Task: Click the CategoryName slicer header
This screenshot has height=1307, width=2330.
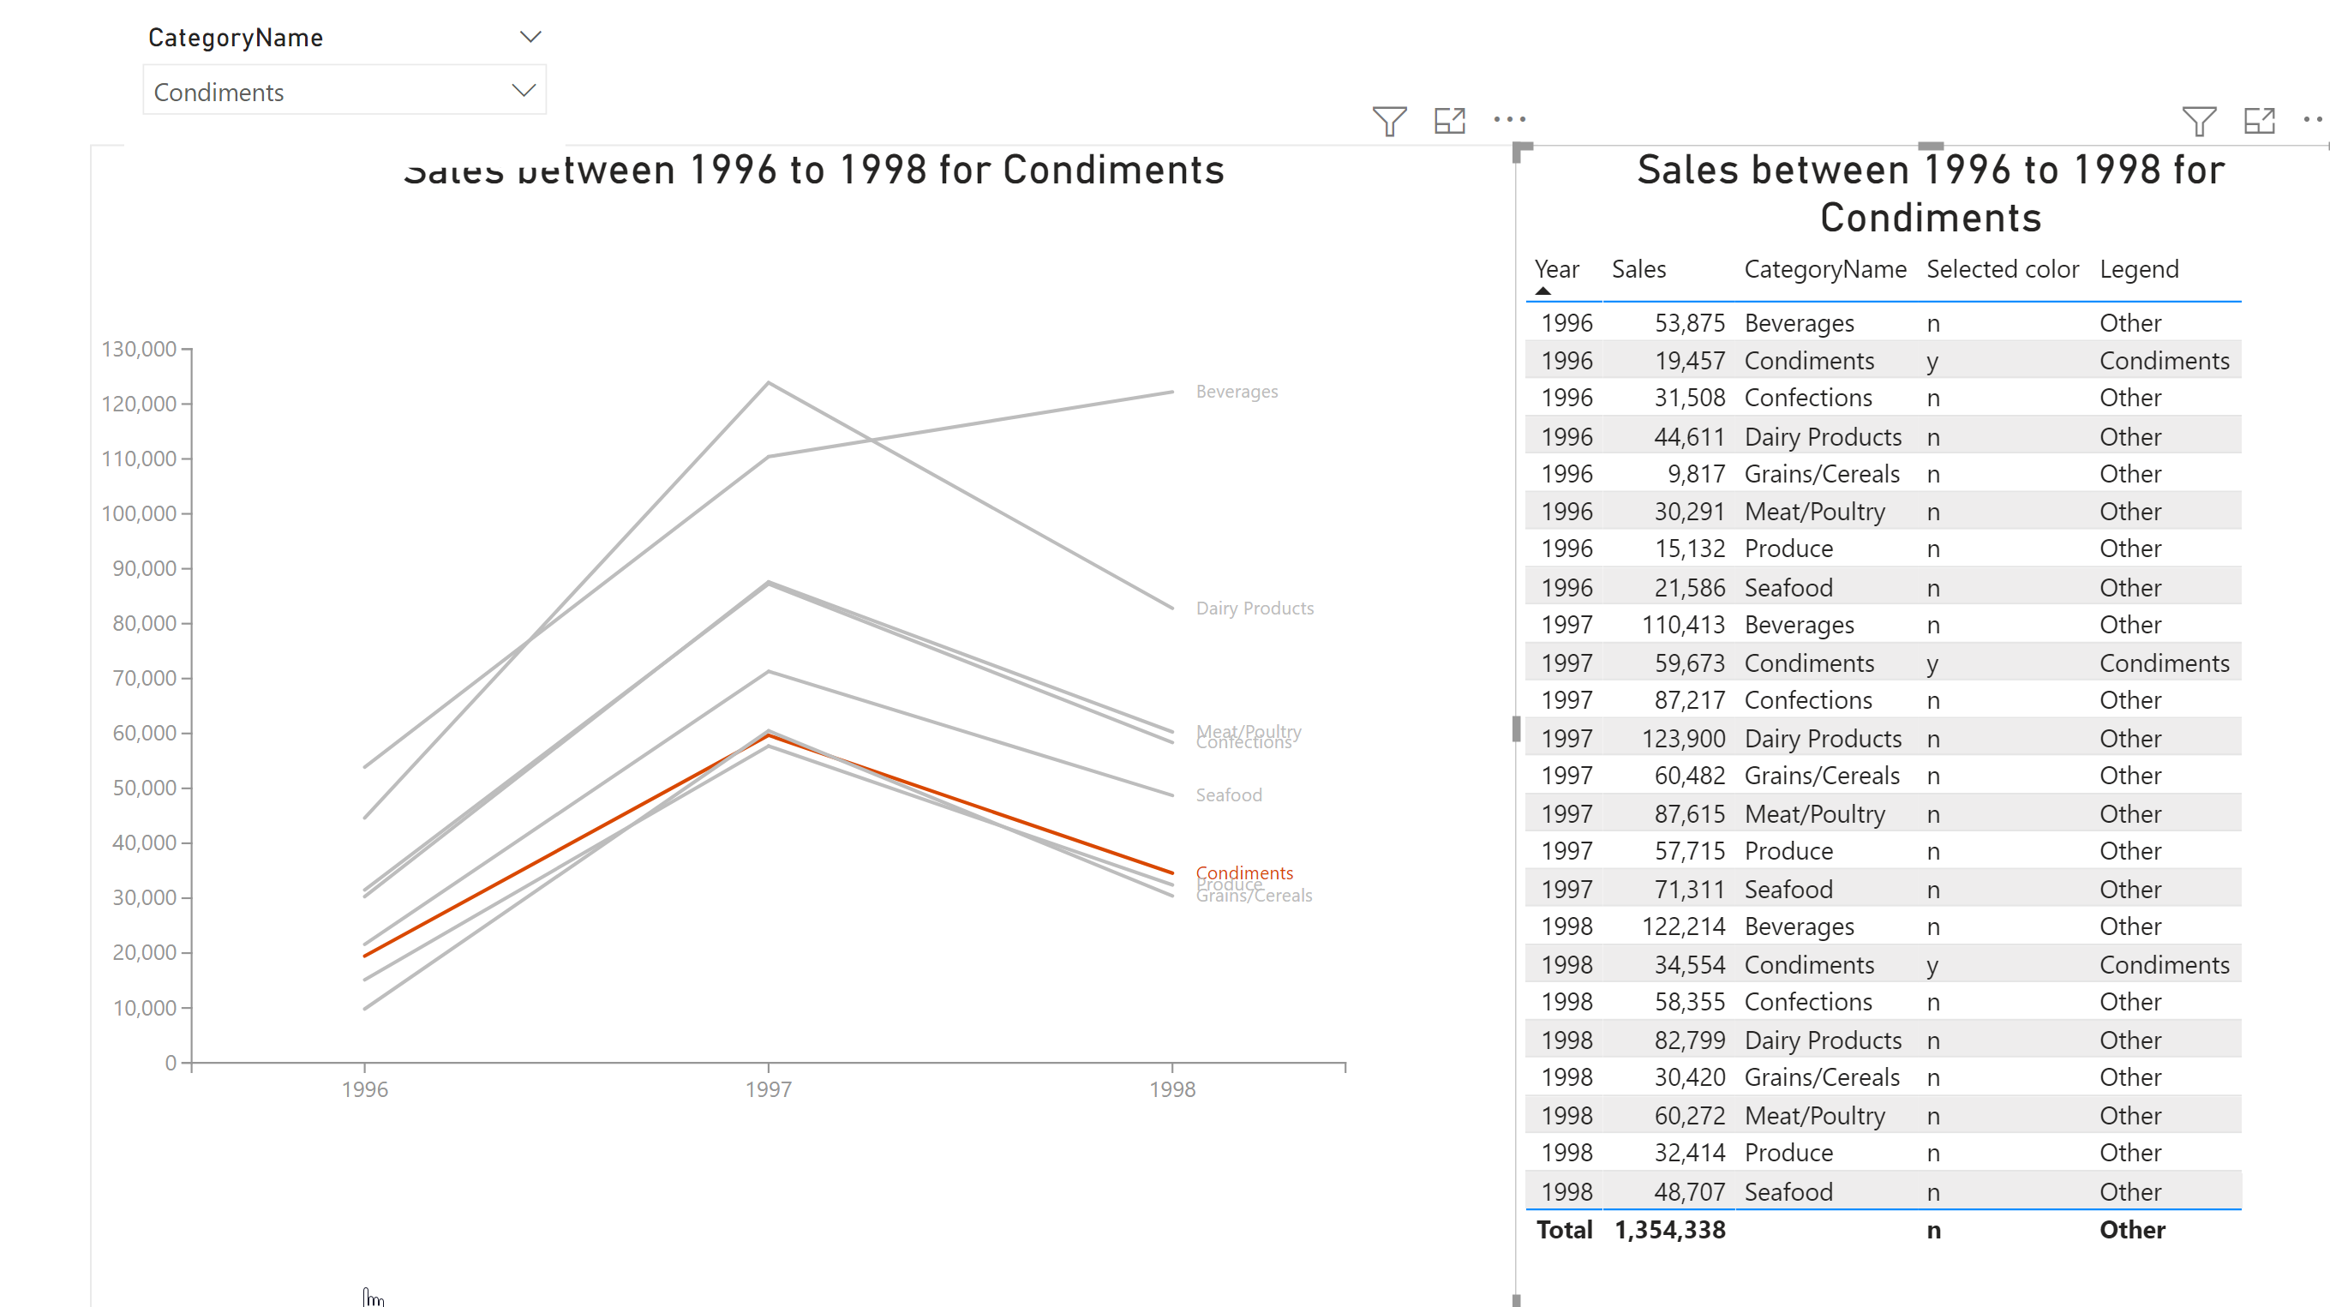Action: pyautogui.click(x=235, y=37)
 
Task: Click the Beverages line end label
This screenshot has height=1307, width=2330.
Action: pyautogui.click(x=1237, y=392)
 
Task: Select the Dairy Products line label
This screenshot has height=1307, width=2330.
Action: pyautogui.click(x=1255, y=609)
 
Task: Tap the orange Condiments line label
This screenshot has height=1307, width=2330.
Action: pyautogui.click(x=1243, y=872)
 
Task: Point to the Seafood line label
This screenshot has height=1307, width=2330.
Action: pyautogui.click(x=1228, y=795)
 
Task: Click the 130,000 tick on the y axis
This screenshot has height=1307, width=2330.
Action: pyautogui.click(x=138, y=349)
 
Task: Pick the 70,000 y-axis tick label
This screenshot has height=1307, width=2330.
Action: pyautogui.click(x=144, y=679)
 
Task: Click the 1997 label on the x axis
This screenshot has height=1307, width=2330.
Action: pyautogui.click(x=768, y=1089)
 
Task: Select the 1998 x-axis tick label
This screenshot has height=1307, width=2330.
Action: pyautogui.click(x=1171, y=1089)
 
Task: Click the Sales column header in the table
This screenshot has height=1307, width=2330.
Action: pyautogui.click(x=1638, y=269)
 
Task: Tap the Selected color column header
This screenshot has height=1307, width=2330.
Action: pyautogui.click(x=2002, y=269)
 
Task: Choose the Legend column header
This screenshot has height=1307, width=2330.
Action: pyautogui.click(x=2138, y=269)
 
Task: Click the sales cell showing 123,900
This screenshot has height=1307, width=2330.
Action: pyautogui.click(x=1683, y=739)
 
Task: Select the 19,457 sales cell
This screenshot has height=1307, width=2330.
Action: pyautogui.click(x=1689, y=361)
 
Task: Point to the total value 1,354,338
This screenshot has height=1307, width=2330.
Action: pyautogui.click(x=1669, y=1230)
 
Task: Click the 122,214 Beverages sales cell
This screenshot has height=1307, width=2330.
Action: pyautogui.click(x=1683, y=927)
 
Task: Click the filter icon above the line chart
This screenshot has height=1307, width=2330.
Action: pyautogui.click(x=1388, y=120)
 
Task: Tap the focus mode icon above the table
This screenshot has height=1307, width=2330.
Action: pyautogui.click(x=2259, y=120)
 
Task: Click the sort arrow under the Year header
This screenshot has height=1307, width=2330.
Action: pyautogui.click(x=1543, y=291)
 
